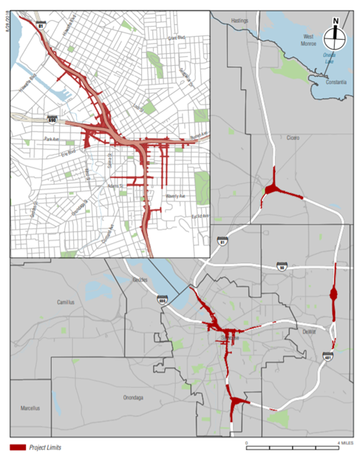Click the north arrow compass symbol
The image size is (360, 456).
[x=336, y=30]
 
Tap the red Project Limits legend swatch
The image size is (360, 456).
[x=18, y=446]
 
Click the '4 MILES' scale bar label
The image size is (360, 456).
[x=344, y=441]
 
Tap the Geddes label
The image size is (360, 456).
[x=140, y=281]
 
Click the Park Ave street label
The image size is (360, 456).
[x=51, y=138]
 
